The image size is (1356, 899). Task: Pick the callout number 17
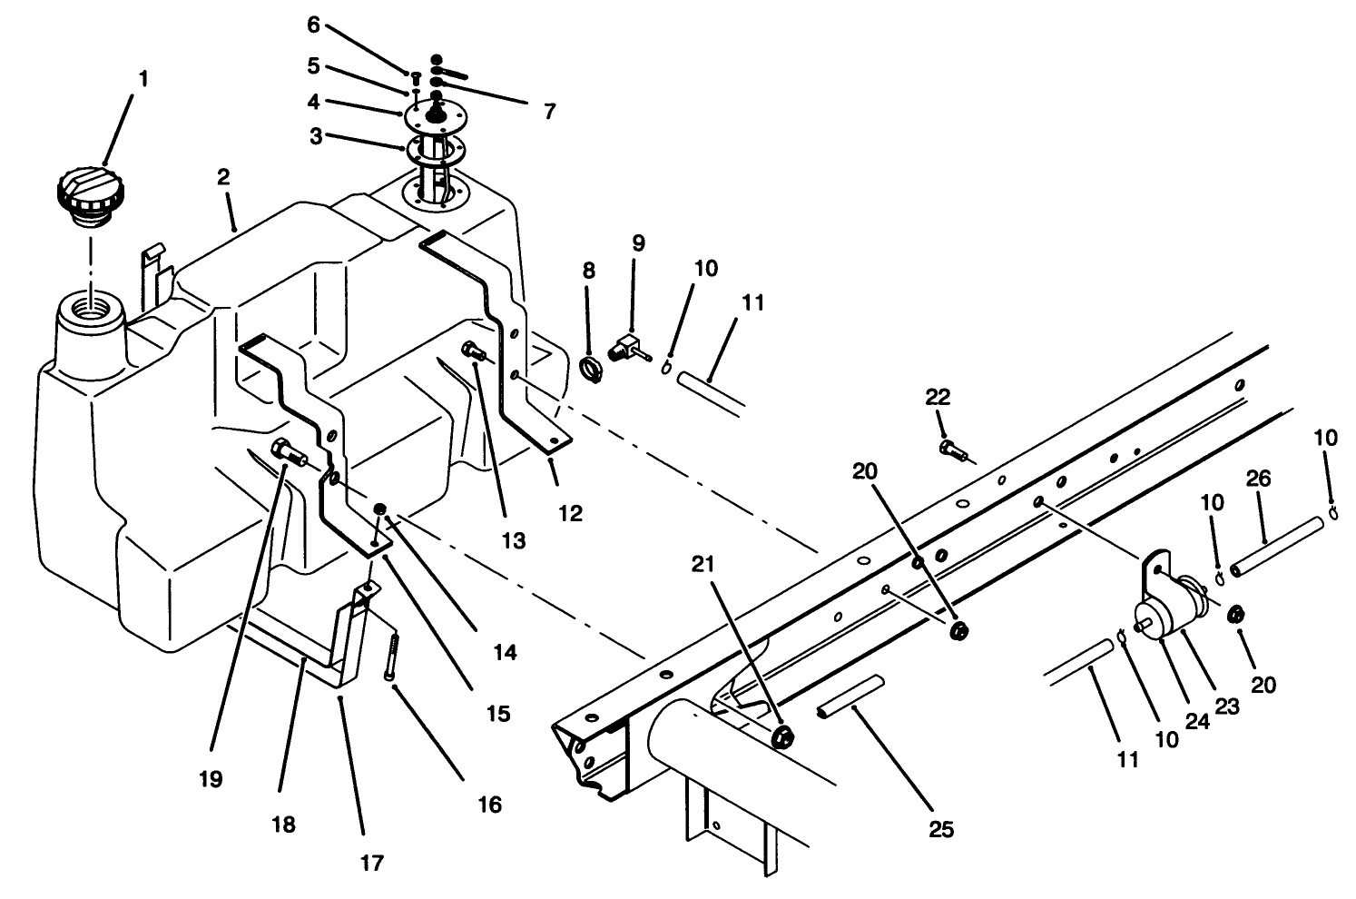click(371, 862)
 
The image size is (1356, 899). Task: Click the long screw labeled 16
click(392, 655)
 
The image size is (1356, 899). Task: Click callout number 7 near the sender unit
click(549, 112)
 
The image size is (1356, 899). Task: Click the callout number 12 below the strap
click(570, 512)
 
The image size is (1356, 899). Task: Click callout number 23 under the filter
click(1227, 705)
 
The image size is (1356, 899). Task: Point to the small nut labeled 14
click(381, 509)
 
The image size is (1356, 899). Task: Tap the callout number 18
click(283, 824)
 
